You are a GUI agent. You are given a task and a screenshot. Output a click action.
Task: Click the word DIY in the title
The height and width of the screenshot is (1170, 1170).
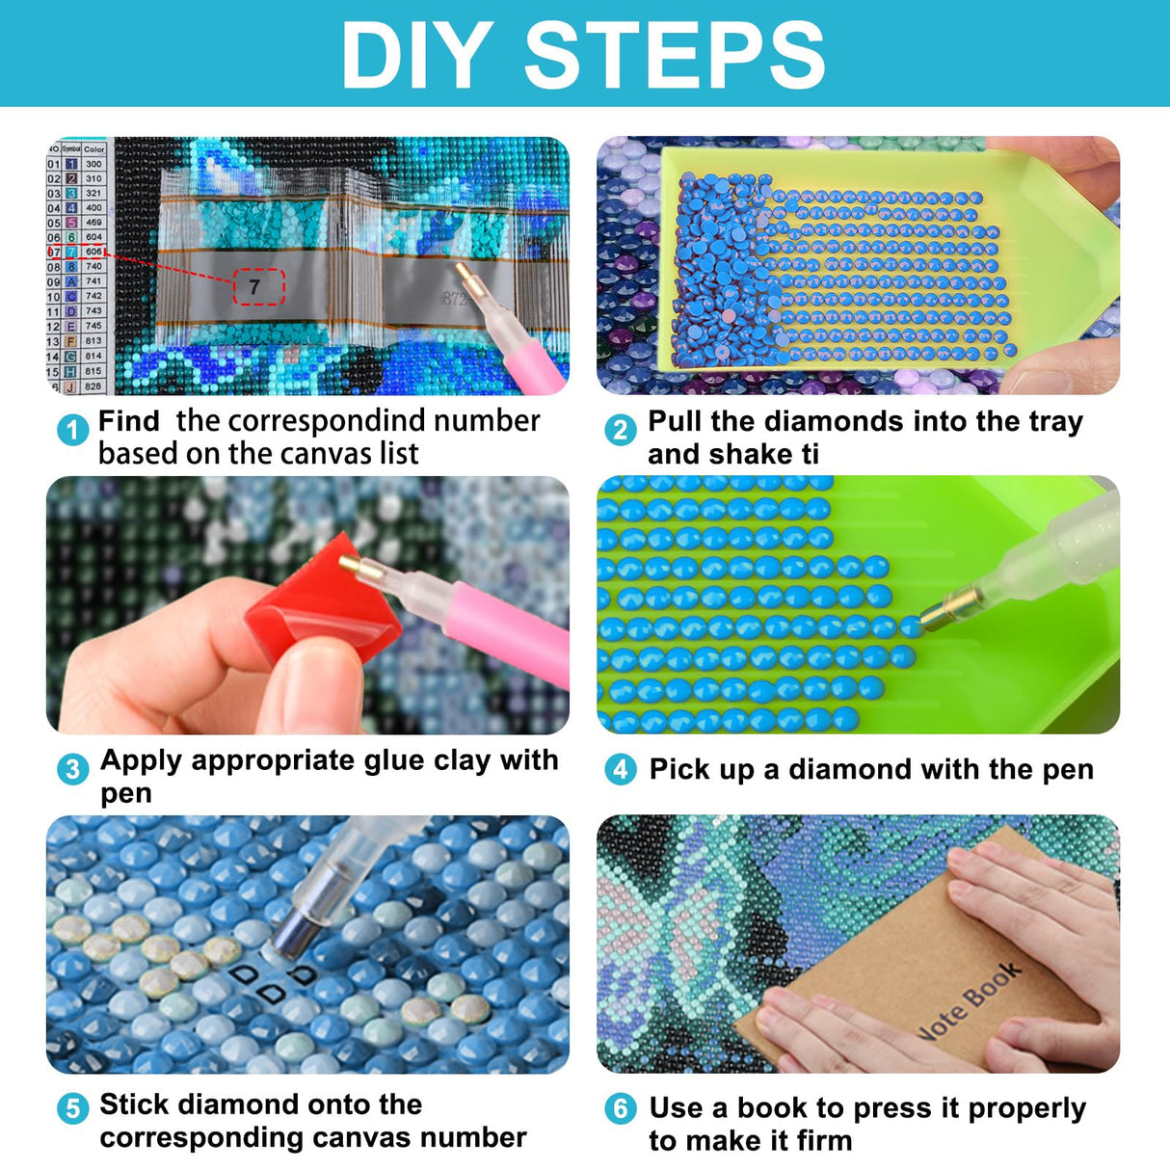416,55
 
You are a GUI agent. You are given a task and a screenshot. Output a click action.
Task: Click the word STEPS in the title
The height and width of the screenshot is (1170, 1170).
674,55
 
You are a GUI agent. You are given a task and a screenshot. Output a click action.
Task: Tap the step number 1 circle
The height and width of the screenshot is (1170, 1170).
72,430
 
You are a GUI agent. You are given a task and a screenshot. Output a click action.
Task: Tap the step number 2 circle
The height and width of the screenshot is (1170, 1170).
621,430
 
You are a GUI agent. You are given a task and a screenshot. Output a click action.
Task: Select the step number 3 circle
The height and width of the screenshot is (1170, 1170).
72,769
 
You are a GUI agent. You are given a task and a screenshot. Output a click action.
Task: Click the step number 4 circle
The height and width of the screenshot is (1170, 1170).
621,769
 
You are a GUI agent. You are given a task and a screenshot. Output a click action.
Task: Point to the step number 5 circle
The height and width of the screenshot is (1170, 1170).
72,1109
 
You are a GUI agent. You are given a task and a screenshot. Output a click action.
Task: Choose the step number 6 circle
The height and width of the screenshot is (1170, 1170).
621,1109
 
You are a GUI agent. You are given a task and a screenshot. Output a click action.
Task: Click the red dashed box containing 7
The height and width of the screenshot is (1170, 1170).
258,287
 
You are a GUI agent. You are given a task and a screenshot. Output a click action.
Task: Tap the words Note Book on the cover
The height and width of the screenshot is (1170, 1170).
968,1002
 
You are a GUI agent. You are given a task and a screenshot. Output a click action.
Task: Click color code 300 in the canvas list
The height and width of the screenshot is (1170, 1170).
93,165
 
